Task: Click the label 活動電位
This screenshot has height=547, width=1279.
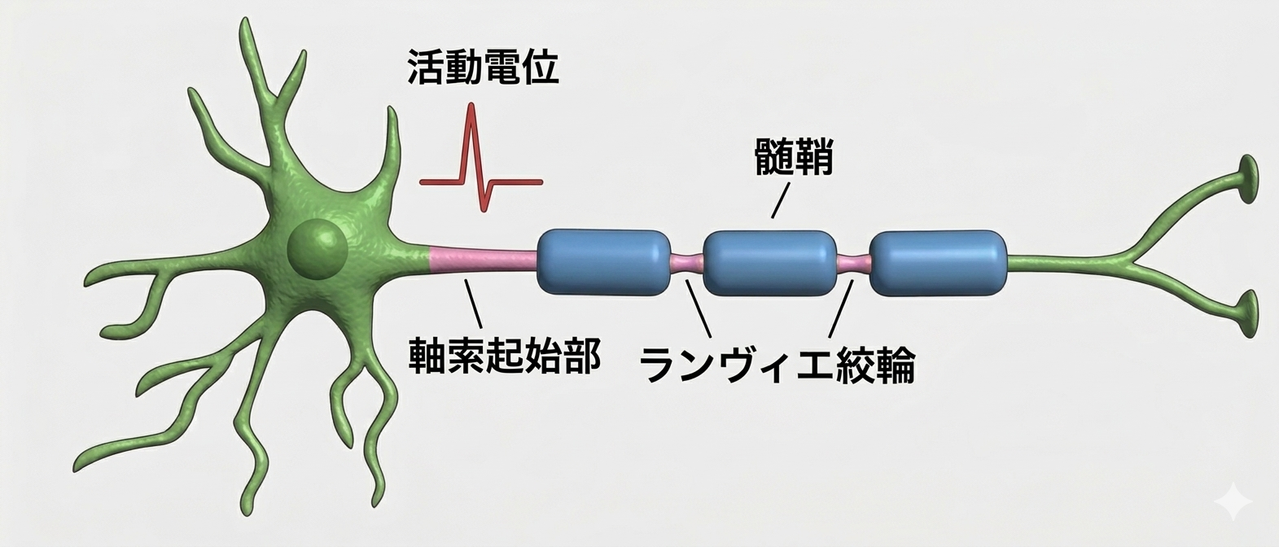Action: coord(483,68)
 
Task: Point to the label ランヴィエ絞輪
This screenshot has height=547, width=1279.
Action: coord(777,365)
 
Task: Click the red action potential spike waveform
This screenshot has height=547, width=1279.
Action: coord(481,158)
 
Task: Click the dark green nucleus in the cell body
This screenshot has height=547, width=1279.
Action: coord(318,251)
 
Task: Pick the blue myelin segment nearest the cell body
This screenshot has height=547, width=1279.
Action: coord(604,262)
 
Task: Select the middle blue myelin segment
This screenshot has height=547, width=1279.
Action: coord(769,263)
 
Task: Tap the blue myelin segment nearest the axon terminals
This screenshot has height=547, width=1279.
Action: coord(937,263)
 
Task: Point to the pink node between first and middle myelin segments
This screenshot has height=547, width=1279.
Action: coord(687,263)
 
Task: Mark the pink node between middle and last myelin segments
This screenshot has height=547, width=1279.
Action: coord(854,264)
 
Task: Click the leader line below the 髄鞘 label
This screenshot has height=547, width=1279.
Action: coord(781,199)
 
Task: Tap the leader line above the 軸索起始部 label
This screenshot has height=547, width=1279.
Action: coord(473,303)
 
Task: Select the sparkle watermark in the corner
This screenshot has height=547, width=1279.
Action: coord(1233,501)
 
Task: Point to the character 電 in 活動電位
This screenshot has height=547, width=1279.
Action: coord(502,68)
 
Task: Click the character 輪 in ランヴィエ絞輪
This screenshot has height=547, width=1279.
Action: coord(896,365)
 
